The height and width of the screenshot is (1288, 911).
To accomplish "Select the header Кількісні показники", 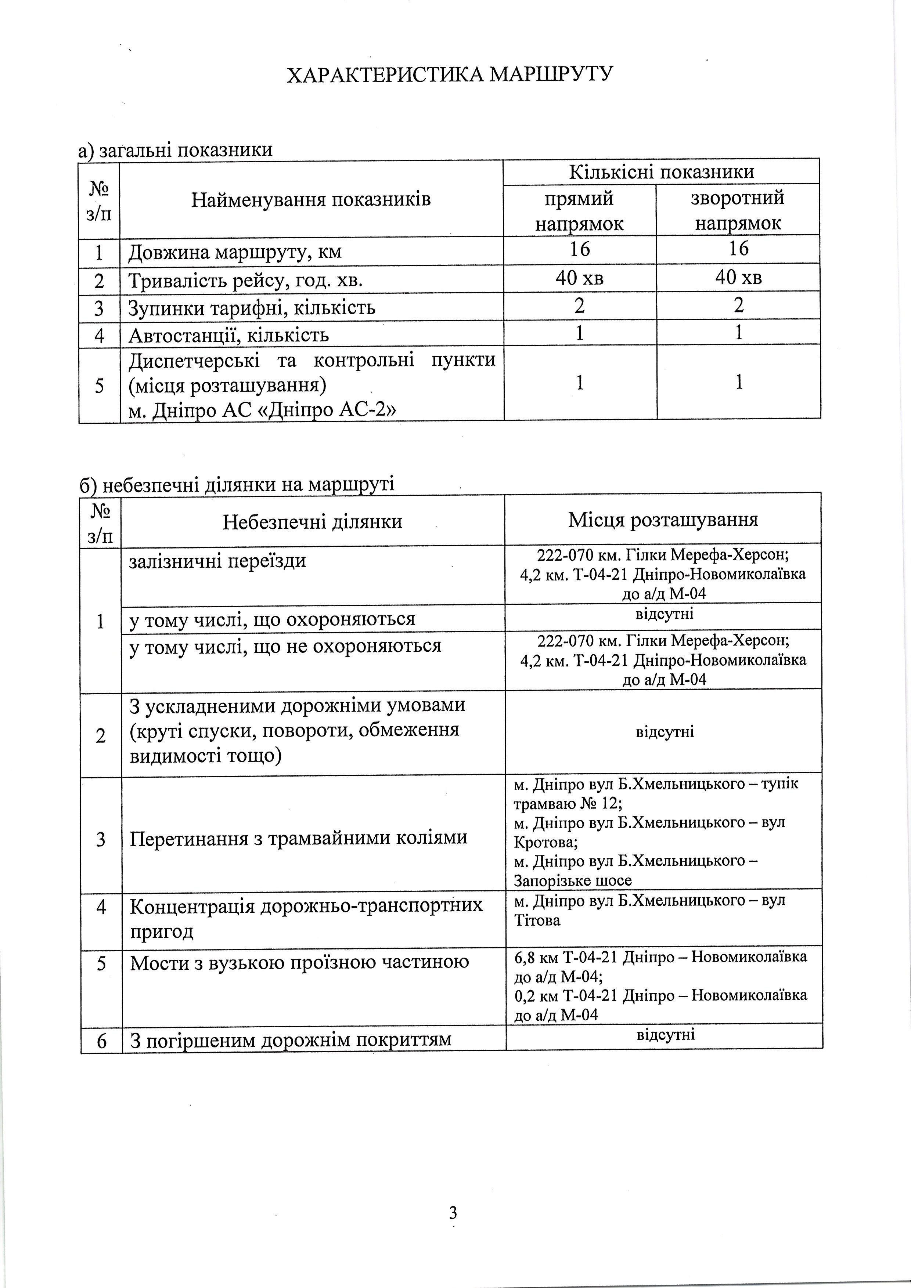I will click(661, 172).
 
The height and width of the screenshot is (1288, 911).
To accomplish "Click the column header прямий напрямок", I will click(579, 211).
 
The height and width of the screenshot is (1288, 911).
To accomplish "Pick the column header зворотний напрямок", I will click(738, 210).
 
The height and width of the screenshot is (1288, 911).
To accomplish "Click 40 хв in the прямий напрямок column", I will click(579, 278).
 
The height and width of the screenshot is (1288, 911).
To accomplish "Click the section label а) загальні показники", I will click(176, 150).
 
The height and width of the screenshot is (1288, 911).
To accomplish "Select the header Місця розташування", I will click(663, 520).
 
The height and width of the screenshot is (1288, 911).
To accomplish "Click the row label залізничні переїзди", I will click(218, 560).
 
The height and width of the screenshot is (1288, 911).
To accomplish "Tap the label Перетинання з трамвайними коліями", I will click(299, 837).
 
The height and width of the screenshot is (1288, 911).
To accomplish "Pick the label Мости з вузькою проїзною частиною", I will click(300, 963).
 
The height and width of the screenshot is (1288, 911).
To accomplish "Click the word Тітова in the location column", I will click(537, 920).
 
